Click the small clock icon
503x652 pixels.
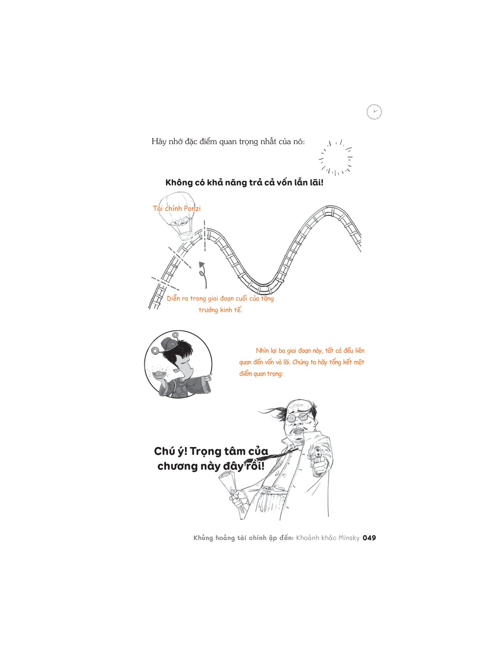(374, 112)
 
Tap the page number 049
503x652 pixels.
(369, 538)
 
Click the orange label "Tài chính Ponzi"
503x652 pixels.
(177, 208)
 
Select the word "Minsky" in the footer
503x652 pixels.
(349, 538)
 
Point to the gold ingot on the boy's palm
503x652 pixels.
(159, 374)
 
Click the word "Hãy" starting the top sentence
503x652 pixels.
(159, 142)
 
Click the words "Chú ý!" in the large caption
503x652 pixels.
(171, 452)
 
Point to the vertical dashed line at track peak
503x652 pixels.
(205, 236)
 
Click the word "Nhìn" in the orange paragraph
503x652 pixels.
(263, 350)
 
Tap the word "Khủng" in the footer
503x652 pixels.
(203, 538)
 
